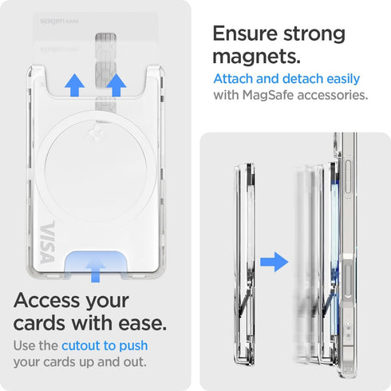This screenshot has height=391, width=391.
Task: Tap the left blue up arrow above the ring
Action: pyautogui.click(x=76, y=84)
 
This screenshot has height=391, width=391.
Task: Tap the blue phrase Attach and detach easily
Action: pyautogui.click(x=286, y=79)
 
